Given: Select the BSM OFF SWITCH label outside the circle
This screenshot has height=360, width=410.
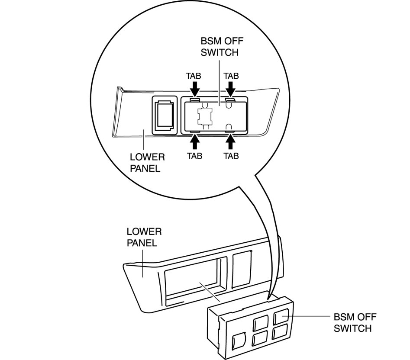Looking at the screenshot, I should pos(352,322).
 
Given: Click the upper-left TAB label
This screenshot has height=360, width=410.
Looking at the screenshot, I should pos(194,75).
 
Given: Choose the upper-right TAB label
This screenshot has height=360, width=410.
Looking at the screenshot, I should pos(231,75).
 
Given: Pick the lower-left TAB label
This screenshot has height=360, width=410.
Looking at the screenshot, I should pos(194,156).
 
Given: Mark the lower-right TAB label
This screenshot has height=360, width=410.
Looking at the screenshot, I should pos(231,156).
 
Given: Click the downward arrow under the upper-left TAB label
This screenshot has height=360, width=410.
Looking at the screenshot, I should pos(194,89).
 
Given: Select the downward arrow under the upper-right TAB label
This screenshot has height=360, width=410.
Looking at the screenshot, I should pos(231,89).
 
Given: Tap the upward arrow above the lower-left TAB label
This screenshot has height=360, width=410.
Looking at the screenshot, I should pos(194,141).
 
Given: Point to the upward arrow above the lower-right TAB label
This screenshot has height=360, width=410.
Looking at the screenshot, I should pos(231,141).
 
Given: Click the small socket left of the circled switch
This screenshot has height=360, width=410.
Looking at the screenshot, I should pos(164,115).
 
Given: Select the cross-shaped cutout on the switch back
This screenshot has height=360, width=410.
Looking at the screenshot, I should pos(204,116).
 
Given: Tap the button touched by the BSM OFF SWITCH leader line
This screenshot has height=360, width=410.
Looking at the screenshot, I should pos(282,317).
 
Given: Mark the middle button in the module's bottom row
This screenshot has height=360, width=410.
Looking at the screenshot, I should pos(260,338).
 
